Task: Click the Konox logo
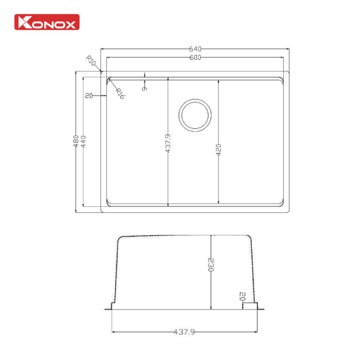coord(47,22)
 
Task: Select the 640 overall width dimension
coord(195,49)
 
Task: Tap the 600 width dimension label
coord(195,58)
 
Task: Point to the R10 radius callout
coord(91,60)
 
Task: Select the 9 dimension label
coord(145,86)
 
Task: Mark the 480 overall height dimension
coord(75,142)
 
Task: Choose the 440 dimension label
coord(83,142)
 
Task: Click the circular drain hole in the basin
coord(195,115)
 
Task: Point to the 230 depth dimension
coord(211,265)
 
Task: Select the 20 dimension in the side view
coord(242,297)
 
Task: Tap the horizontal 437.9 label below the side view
coord(184,332)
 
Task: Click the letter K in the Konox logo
coord(23,22)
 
